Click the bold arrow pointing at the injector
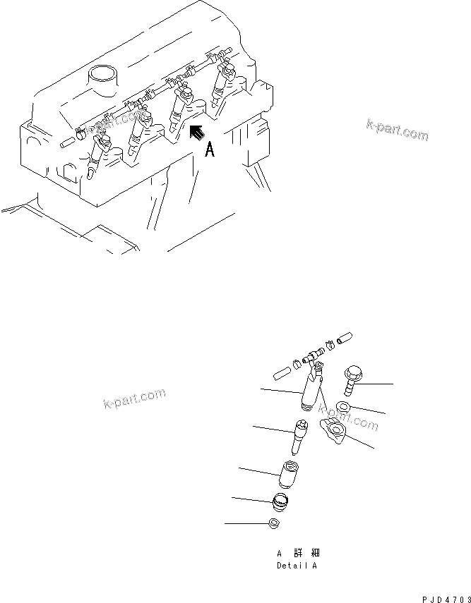pos(199,131)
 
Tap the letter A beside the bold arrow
pos(209,150)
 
